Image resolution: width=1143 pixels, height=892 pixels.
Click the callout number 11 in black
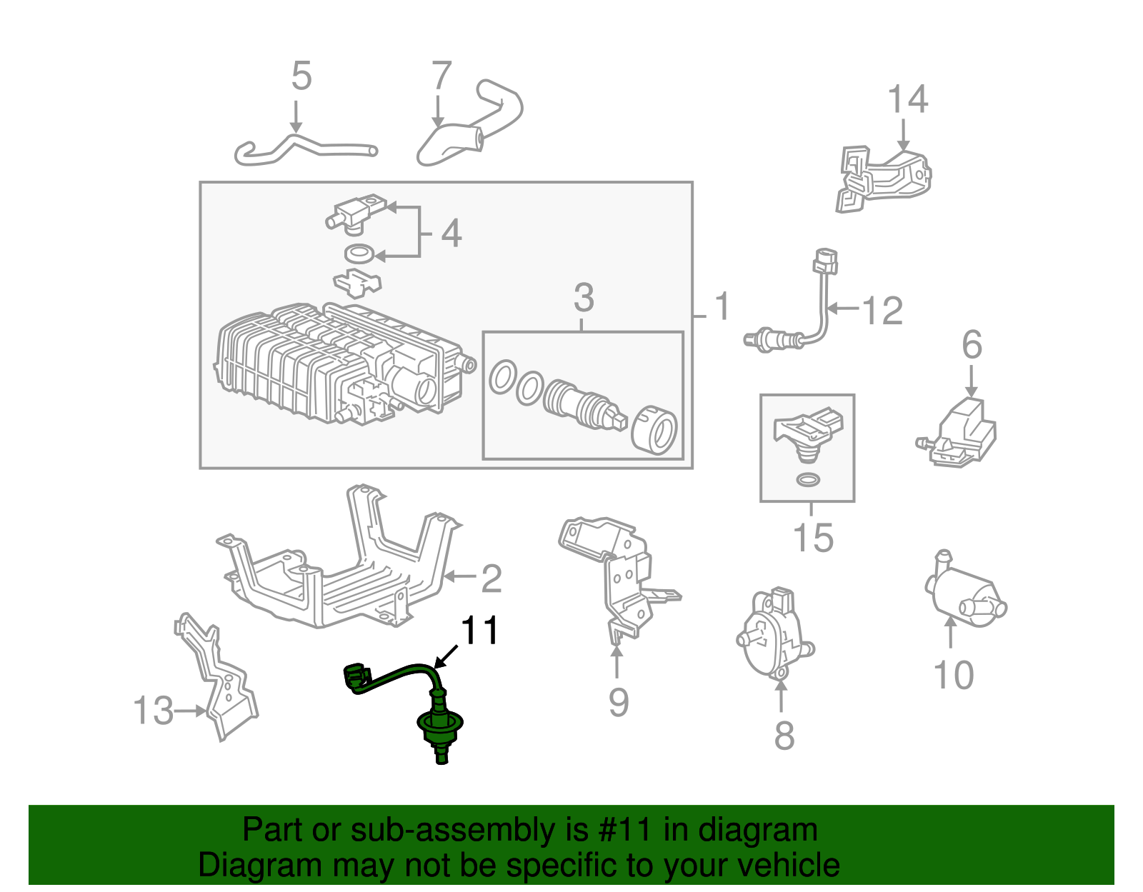pos(479,631)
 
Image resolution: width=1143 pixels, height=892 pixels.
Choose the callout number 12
pos(883,311)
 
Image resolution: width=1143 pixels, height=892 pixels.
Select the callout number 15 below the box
pos(813,538)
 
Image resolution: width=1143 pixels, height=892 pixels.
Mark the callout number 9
pos(619,701)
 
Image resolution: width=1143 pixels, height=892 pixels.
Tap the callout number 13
pos(153,711)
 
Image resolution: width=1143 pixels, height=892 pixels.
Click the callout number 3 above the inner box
pos(584,298)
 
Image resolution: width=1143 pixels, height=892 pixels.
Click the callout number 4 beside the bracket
pos(451,234)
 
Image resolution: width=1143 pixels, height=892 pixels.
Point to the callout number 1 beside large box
pos(722,306)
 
